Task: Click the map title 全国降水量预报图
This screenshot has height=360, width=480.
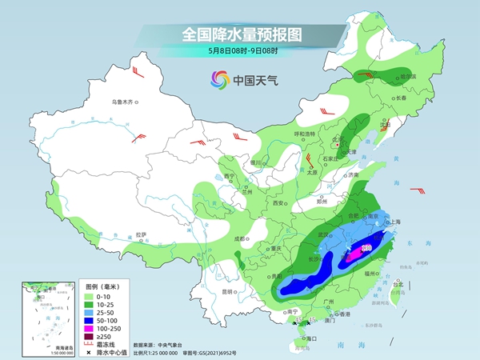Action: pos(240,34)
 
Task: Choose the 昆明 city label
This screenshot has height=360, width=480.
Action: pos(207,290)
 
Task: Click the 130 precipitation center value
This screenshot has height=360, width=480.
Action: pos(368,249)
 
